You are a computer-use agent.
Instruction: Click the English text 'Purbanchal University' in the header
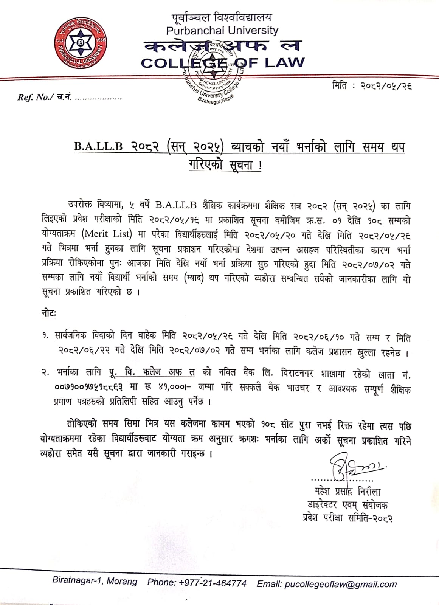[222, 30]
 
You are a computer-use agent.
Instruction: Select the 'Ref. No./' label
[34, 98]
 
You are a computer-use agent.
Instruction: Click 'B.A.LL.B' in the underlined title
[98, 147]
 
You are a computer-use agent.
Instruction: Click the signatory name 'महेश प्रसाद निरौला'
[347, 492]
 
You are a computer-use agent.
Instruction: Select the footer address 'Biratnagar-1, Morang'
[95, 581]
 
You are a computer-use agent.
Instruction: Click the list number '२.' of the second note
[46, 373]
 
